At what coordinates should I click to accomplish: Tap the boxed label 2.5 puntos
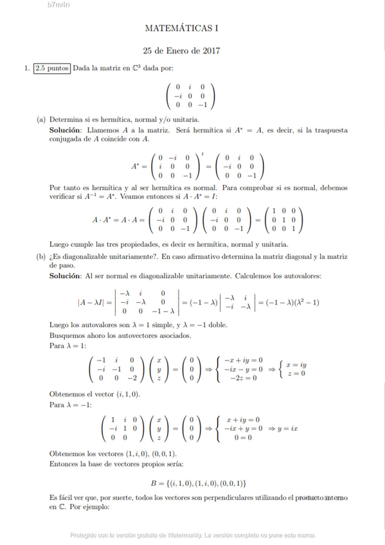[53, 68]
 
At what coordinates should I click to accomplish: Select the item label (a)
[41, 119]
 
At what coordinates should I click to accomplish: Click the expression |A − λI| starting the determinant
[92, 302]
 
